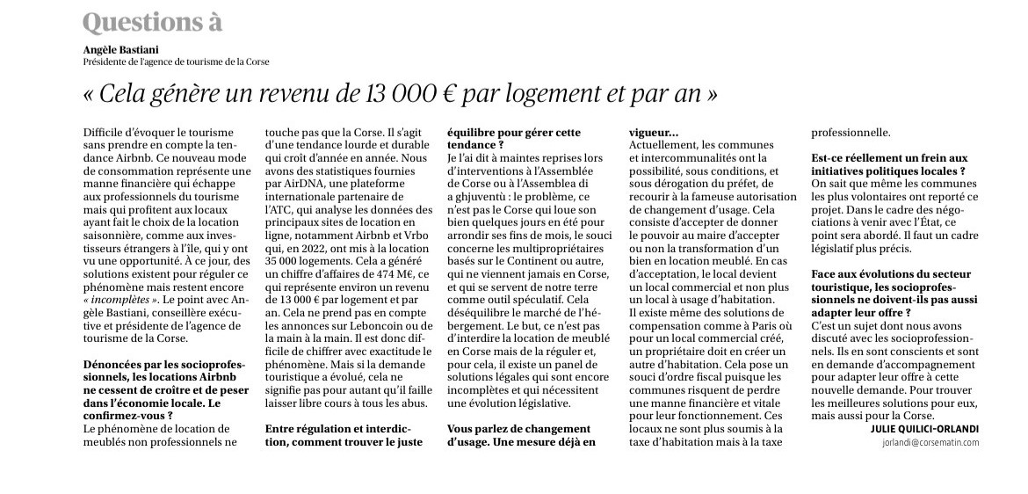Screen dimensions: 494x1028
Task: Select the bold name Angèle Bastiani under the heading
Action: pyautogui.click(x=119, y=51)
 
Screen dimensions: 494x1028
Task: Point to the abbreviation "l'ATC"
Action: pyautogui.click(x=283, y=214)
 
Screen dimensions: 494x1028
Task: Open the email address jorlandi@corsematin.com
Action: pyautogui.click(x=930, y=443)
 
